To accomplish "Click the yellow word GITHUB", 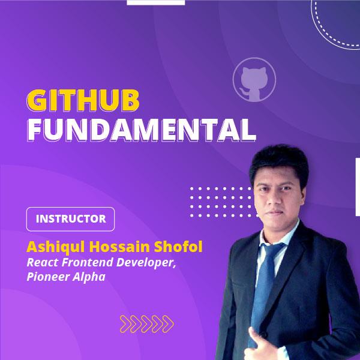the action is click(x=83, y=100).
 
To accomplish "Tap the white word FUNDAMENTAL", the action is click(x=142, y=130).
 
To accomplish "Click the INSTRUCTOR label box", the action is click(x=70, y=219).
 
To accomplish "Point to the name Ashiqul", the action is click(x=56, y=247).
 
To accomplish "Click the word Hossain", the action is click(x=119, y=247).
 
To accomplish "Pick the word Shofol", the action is click(x=178, y=247).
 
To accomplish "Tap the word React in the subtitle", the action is click(x=43, y=262).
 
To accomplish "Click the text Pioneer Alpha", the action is click(x=66, y=277).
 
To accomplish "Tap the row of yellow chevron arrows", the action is click(x=147, y=324).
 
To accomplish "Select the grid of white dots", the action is click(x=224, y=202).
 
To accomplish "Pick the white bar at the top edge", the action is click(x=156, y=2).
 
